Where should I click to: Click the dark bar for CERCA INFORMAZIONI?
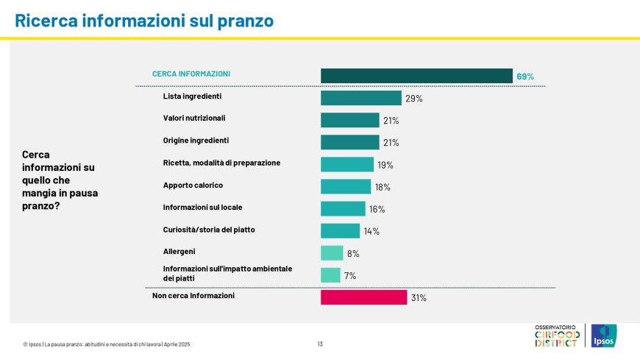(x=416, y=76)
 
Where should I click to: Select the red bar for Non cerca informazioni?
(x=363, y=297)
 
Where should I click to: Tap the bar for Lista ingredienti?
(x=360, y=98)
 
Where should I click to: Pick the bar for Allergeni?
(x=332, y=253)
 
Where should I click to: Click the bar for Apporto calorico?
(x=346, y=187)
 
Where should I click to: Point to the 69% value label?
(x=525, y=77)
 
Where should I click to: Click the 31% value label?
(x=419, y=298)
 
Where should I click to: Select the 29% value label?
(x=413, y=99)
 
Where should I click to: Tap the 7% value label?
(x=350, y=276)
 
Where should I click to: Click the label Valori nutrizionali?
(x=194, y=118)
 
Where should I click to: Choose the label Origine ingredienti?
(x=196, y=140)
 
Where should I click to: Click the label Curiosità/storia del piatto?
(x=209, y=230)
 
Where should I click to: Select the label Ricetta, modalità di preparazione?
(x=221, y=163)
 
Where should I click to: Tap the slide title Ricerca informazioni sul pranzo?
(x=144, y=21)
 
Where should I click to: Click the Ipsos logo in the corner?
(x=603, y=336)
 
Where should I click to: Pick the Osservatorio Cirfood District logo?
(x=557, y=336)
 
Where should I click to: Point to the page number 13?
(x=320, y=344)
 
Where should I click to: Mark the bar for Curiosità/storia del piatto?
(x=340, y=231)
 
